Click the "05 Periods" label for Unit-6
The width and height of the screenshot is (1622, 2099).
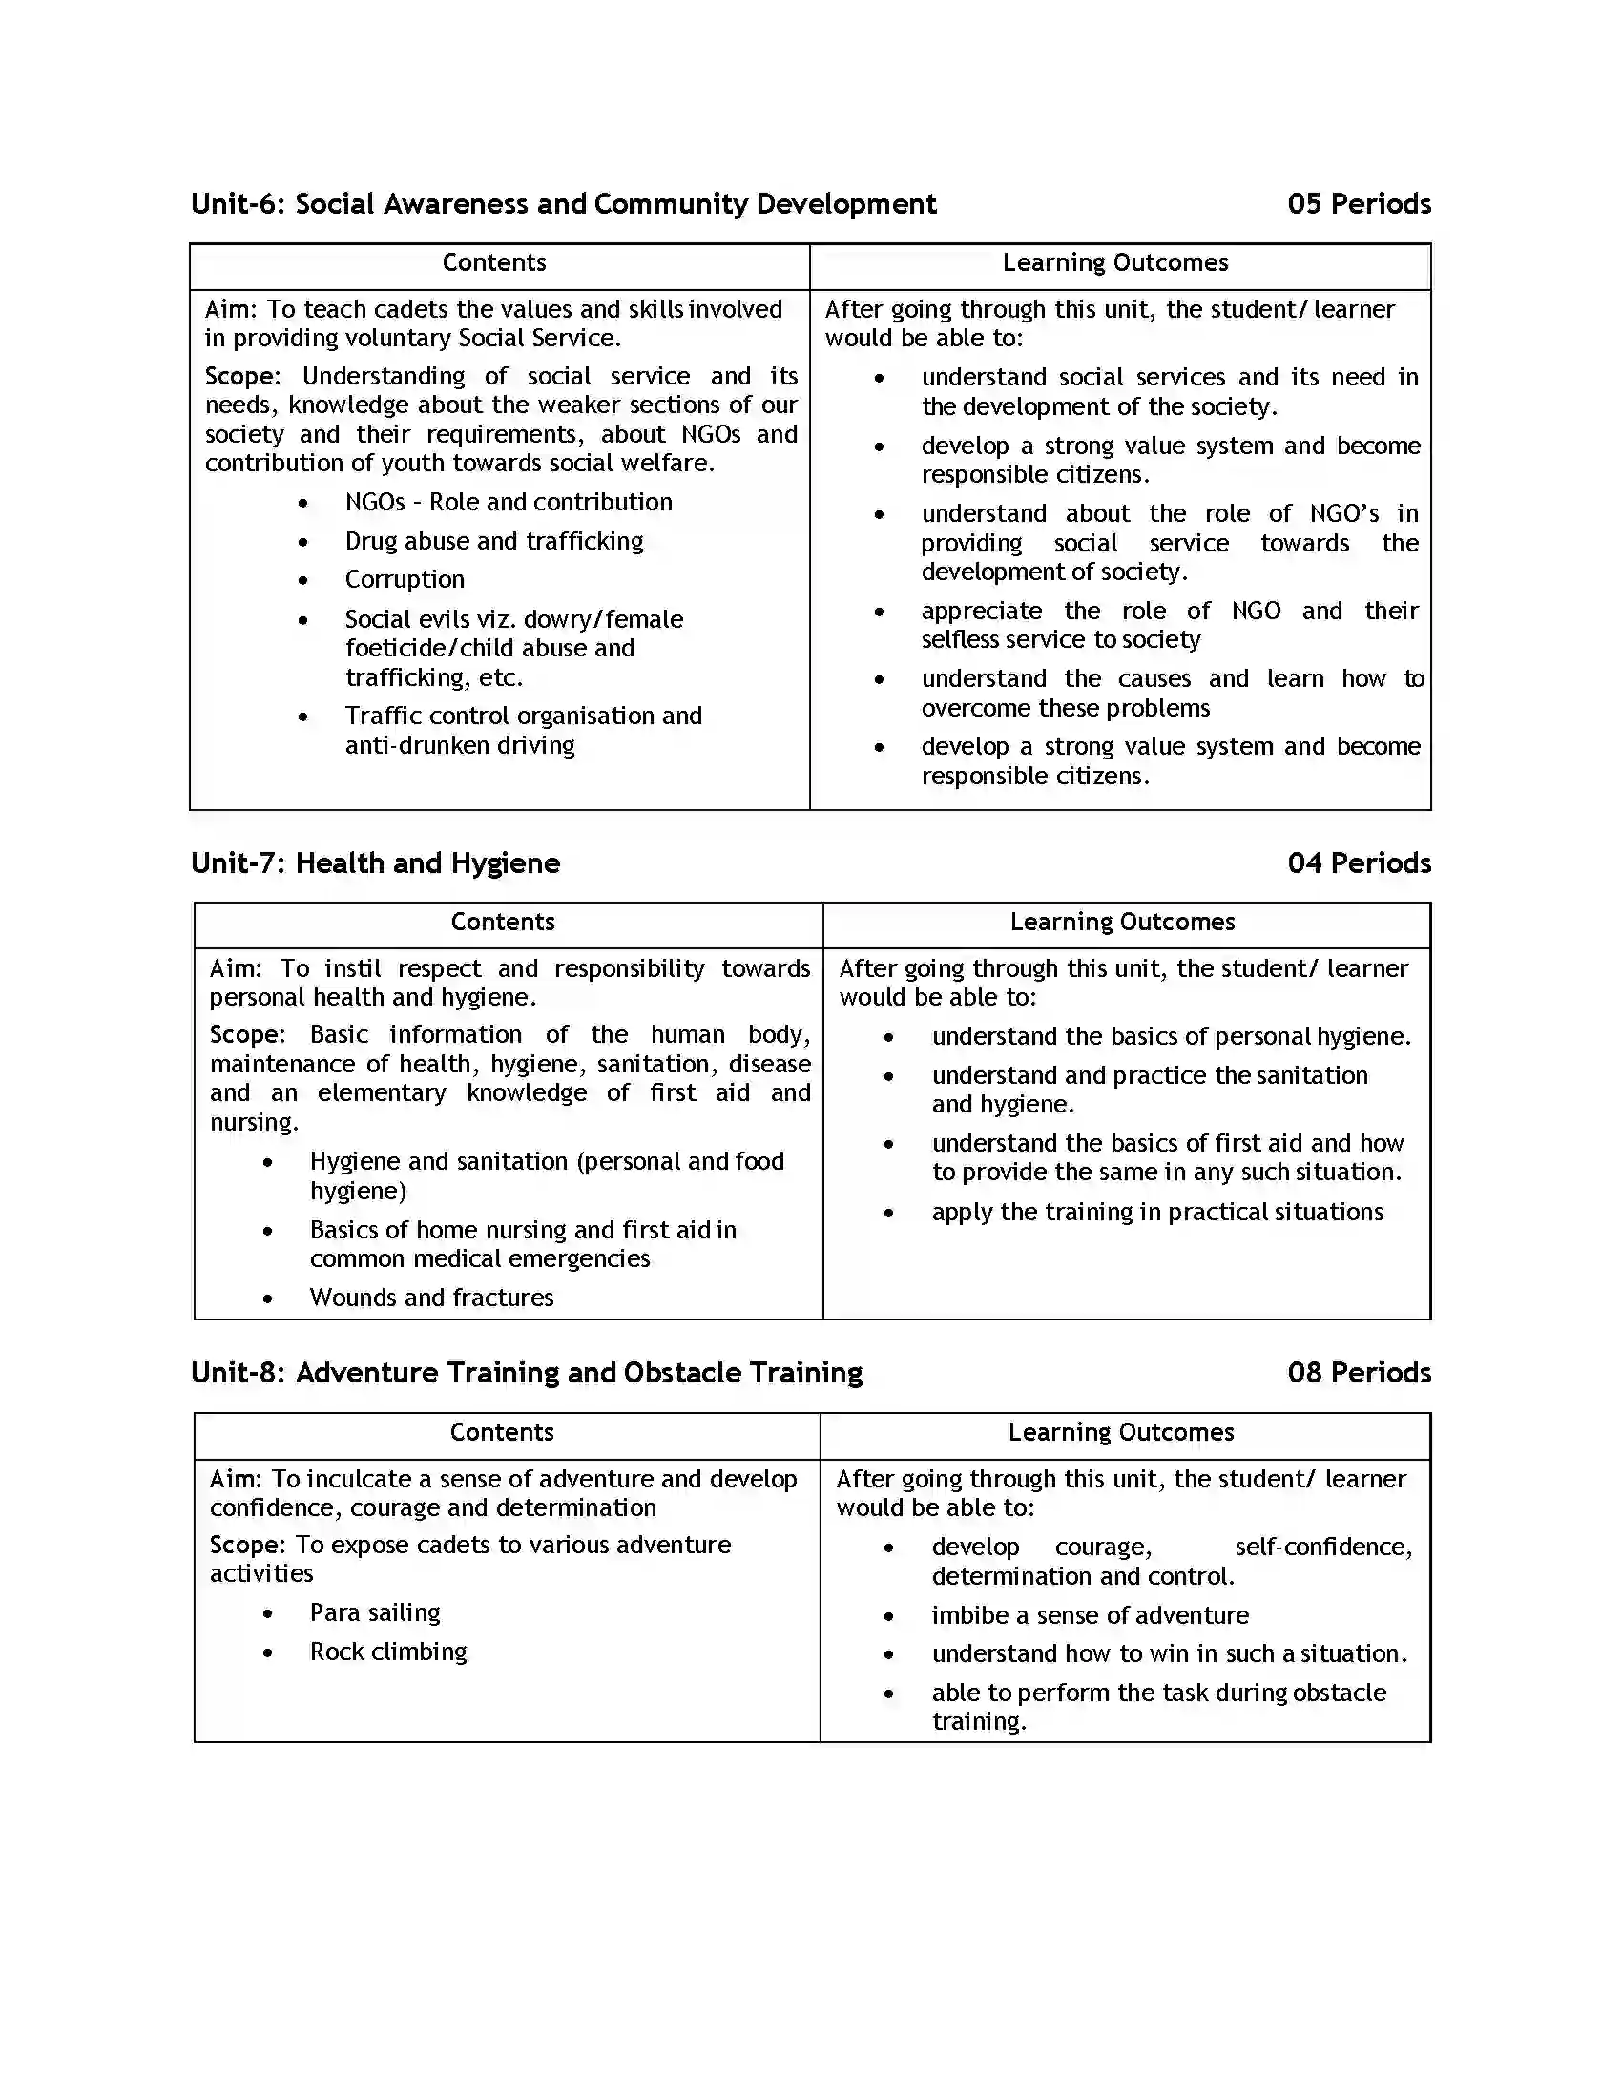click(x=1358, y=204)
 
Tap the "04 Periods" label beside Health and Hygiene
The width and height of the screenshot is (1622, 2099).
click(x=1358, y=863)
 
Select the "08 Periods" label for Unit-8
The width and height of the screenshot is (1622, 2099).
click(x=1358, y=1372)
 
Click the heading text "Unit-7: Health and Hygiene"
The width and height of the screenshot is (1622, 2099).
click(x=375, y=863)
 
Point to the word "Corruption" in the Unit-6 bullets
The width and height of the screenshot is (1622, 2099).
click(x=405, y=579)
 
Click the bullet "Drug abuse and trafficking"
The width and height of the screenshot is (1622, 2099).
click(x=494, y=541)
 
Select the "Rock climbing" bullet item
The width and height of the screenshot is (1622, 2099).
click(x=388, y=1652)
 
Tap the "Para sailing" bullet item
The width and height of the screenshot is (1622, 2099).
click(x=375, y=1612)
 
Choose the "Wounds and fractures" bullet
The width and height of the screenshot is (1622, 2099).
click(x=431, y=1298)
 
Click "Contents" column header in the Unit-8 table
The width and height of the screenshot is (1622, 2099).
click(x=502, y=1432)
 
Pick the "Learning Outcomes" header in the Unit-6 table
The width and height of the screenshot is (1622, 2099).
click(x=1114, y=262)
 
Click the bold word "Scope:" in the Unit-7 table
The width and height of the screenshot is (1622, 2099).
click(x=247, y=1035)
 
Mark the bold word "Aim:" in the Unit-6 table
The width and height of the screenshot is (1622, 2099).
click(x=231, y=309)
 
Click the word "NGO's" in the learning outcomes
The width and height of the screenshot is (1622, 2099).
click(x=1343, y=513)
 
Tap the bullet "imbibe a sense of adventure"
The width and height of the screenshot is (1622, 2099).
click(x=1090, y=1615)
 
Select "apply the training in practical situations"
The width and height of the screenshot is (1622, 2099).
click(x=1157, y=1212)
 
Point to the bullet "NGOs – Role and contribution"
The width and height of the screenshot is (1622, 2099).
click(x=509, y=503)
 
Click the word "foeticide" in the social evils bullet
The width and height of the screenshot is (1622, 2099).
click(x=395, y=649)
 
